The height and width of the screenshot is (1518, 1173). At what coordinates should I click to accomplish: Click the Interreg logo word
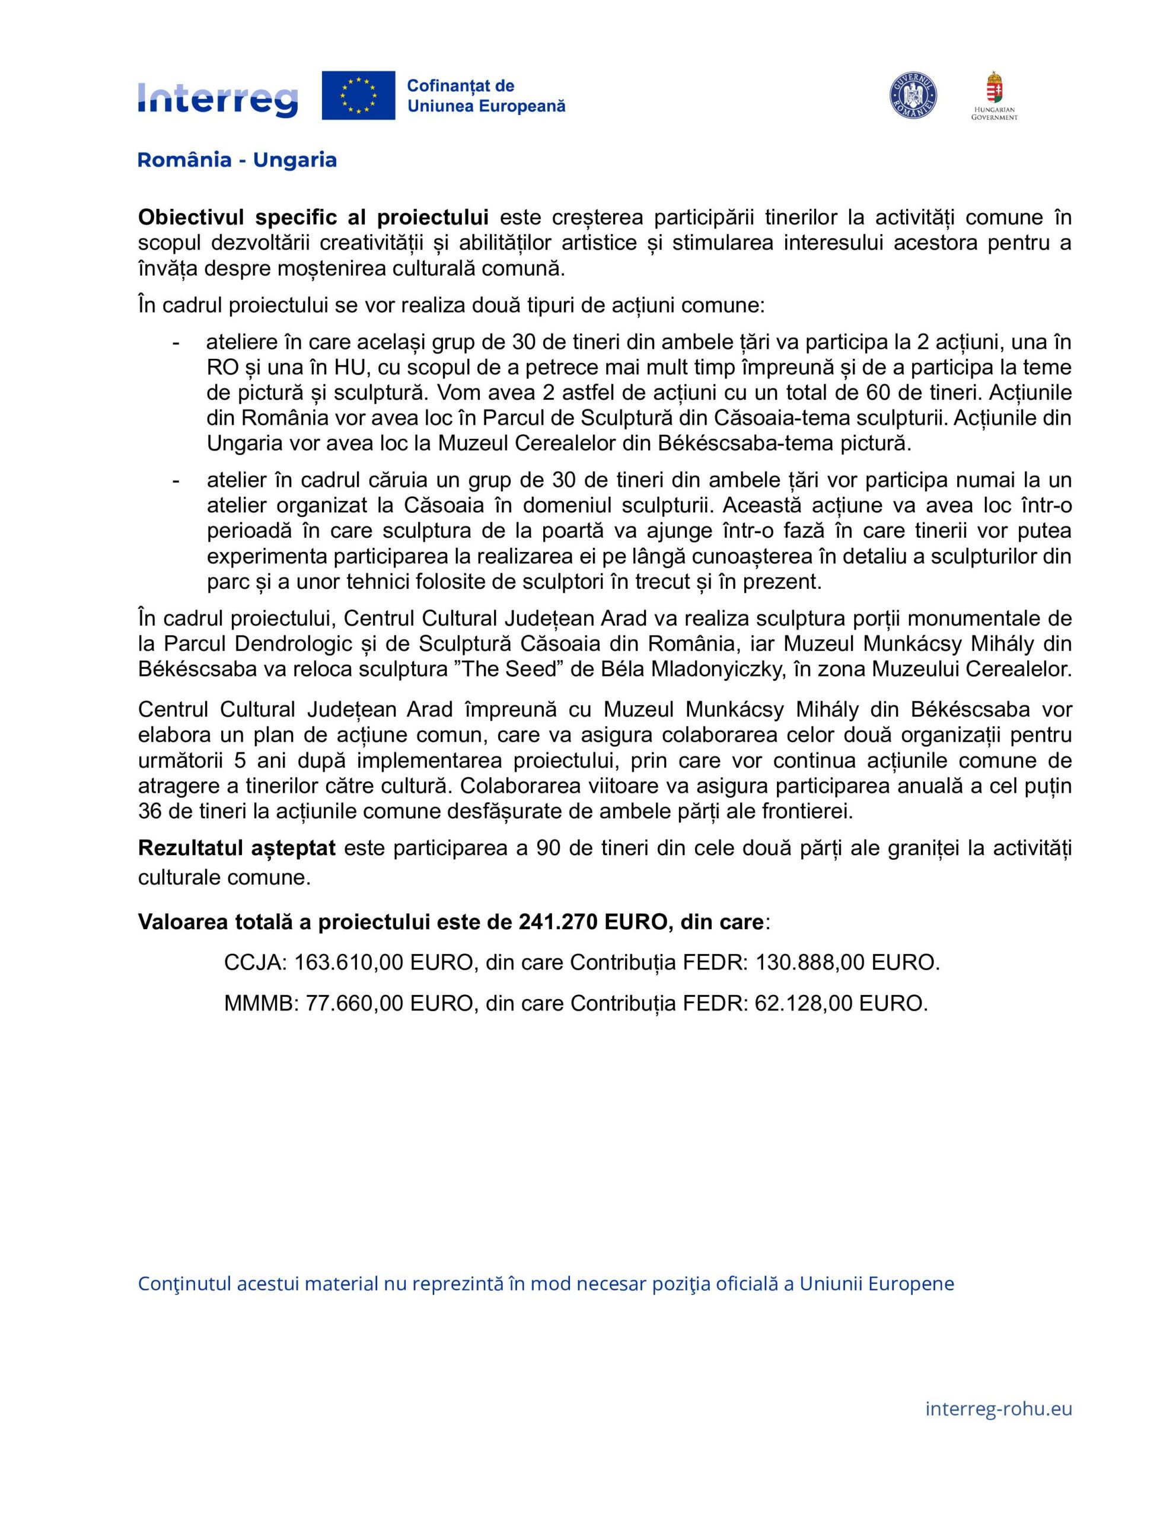coord(218,100)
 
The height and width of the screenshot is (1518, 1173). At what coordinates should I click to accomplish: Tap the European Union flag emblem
coord(358,95)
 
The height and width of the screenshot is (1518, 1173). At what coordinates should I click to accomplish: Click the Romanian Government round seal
coord(913,96)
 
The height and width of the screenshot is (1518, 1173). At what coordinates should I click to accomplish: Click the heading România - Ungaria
coord(237,160)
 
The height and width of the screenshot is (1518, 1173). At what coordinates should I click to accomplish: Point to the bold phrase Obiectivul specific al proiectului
coord(313,218)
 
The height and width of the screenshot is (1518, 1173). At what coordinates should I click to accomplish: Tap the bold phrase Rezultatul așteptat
coord(237,848)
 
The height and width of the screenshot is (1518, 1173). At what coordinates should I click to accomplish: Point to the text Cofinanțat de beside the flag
coord(460,86)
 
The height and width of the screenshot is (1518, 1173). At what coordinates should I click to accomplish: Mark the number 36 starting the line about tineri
coord(149,811)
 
